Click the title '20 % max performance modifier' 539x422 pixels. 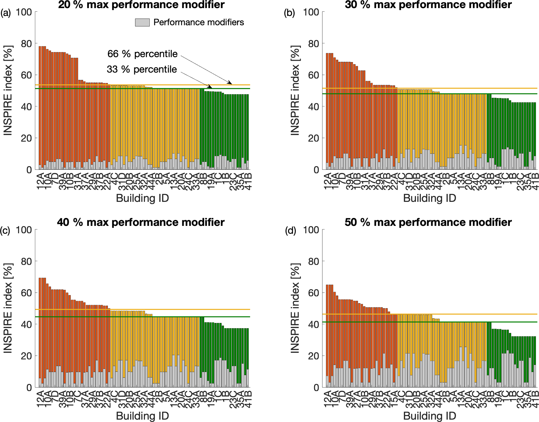point(141,5)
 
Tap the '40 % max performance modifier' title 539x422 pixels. point(141,222)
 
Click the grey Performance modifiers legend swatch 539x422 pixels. point(142,22)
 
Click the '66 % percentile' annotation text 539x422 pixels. point(142,54)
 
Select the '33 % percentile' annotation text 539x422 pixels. point(142,69)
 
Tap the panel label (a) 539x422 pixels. point(5,13)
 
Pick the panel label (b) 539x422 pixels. point(289,13)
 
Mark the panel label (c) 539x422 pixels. point(5,231)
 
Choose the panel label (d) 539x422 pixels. point(290,231)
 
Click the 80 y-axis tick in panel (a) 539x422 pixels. point(26,44)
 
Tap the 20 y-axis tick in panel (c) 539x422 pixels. point(26,356)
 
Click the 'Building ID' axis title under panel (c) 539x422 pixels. point(142,416)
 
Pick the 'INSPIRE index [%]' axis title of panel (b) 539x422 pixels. point(295,91)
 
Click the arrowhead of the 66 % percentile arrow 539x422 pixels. point(231,83)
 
